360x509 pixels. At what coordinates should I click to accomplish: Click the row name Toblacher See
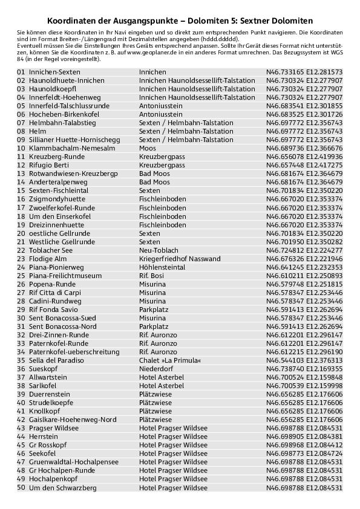point(51,250)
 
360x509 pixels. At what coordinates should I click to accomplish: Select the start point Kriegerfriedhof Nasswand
point(180,258)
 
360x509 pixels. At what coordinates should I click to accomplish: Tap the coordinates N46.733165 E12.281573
point(304,72)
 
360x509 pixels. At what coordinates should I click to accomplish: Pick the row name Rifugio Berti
point(49,165)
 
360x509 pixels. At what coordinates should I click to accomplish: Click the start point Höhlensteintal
point(162,267)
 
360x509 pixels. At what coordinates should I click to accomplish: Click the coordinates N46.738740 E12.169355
point(304,368)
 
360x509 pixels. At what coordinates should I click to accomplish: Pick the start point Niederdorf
point(156,368)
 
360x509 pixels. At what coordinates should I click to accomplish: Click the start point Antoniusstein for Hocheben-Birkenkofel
point(160,114)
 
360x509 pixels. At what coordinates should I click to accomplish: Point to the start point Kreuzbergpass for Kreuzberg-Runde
point(162,157)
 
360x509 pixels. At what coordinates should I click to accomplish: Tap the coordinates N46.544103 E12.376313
point(304,360)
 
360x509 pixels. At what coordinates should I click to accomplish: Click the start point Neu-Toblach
point(159,250)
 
